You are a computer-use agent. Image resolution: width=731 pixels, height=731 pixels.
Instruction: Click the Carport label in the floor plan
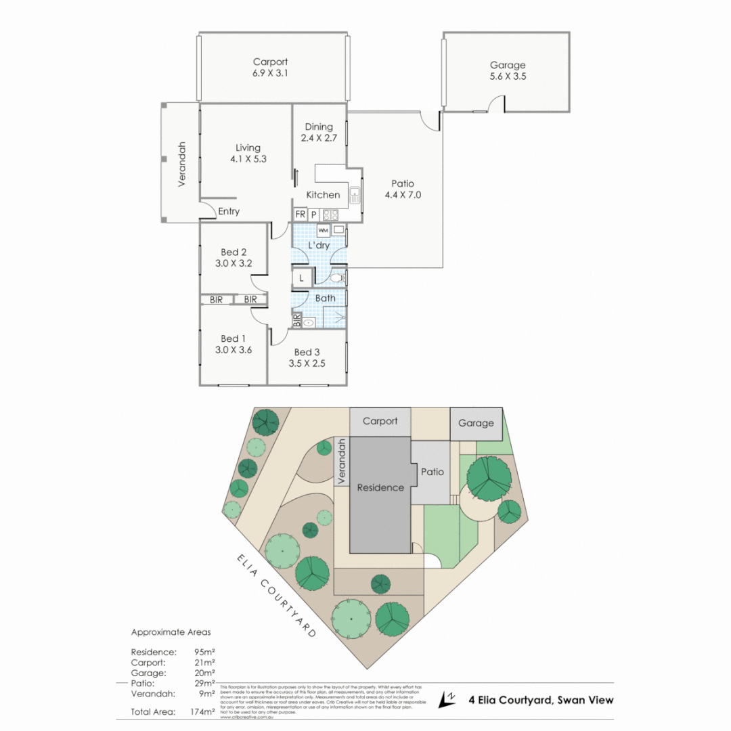click(270, 62)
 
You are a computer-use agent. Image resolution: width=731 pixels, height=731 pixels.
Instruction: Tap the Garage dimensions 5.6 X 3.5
click(508, 76)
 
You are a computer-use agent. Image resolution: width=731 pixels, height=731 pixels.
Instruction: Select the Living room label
click(248, 148)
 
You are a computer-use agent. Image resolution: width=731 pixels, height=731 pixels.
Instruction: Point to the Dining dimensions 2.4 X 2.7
click(318, 138)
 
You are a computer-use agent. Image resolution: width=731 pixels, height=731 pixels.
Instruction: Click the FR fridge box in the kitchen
click(300, 214)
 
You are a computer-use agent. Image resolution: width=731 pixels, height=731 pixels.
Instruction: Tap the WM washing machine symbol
click(322, 230)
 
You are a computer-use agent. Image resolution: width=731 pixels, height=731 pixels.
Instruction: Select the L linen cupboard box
click(301, 278)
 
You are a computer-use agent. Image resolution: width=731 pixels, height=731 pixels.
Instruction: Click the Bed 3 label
click(307, 352)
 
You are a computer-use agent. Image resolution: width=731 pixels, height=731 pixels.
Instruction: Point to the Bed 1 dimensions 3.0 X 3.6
click(234, 350)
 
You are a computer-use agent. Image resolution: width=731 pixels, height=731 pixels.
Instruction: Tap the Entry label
click(229, 211)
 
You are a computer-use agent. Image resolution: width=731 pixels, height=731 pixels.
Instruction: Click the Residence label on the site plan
click(380, 487)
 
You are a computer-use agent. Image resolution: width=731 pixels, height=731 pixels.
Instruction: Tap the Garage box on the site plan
click(477, 423)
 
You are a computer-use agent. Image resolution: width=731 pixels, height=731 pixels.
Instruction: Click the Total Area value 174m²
click(204, 712)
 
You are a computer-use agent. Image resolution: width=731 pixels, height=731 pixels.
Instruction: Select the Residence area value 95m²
click(204, 652)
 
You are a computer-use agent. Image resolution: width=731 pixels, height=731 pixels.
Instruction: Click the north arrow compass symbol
click(448, 700)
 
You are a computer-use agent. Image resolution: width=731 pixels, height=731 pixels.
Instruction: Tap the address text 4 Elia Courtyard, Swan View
click(541, 700)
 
